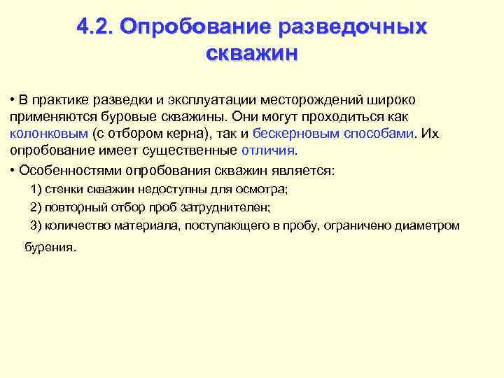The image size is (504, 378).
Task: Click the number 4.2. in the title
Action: [x=95, y=27]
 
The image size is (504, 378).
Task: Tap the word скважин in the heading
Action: [x=252, y=52]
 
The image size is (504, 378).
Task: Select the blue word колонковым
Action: [x=49, y=133]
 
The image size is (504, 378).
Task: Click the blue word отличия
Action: [x=268, y=150]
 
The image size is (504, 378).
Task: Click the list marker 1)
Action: [x=36, y=189]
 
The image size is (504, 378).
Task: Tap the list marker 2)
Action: [x=36, y=207]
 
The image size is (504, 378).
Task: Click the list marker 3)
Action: [x=36, y=225]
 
